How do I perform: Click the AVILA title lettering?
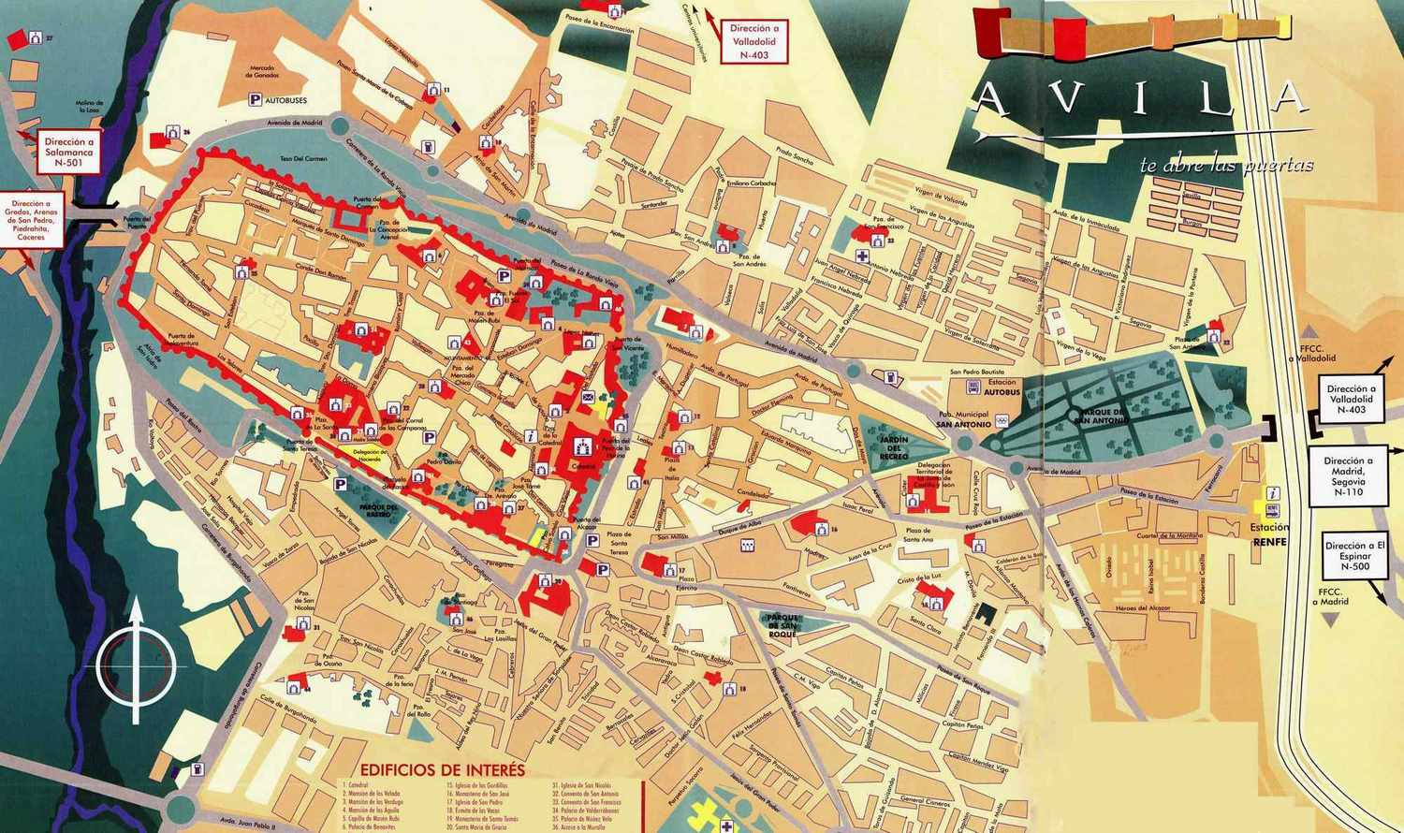1136,98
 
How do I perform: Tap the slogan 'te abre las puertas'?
1226,166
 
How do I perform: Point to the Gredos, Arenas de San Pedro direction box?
33,219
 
